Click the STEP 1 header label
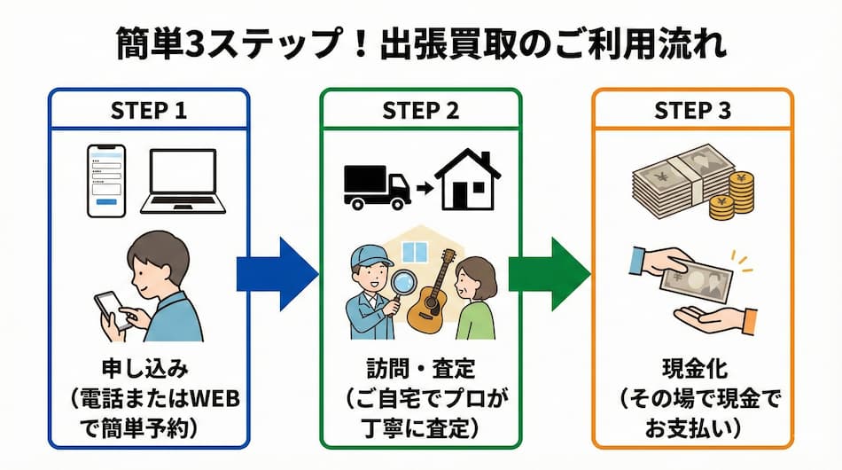coord(149,111)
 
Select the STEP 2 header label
coord(421,111)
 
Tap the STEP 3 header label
coord(692,111)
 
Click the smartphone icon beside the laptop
coord(105,181)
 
